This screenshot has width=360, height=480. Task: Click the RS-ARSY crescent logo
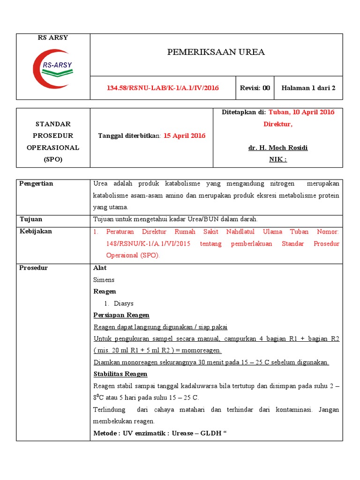pos(52,69)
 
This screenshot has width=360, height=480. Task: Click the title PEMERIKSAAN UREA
pos(216,52)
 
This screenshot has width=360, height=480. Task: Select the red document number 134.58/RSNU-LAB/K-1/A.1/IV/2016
pos(163,88)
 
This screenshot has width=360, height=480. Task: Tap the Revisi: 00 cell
pos(255,88)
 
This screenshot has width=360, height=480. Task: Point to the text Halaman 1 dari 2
pos(308,88)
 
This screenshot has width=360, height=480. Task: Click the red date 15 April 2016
pos(184,135)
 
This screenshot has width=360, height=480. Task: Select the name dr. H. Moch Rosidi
pos(278,148)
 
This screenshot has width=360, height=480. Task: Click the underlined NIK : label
pos(278,159)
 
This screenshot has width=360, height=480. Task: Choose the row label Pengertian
pos(36,184)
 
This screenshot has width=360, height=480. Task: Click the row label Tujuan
pos(31,219)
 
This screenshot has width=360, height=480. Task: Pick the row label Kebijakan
pos(36,231)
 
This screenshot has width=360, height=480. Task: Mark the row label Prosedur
pos(34,268)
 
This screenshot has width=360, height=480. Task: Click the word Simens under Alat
pos(104,280)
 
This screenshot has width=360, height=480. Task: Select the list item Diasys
pos(124,303)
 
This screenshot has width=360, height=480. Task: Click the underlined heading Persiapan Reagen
pos(121,315)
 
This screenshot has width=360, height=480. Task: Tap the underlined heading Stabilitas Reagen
pos(120,374)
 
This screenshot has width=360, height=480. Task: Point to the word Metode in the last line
pos(105,434)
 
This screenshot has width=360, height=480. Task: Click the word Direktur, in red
pos(278,124)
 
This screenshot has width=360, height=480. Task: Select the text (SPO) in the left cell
pos(53,159)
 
